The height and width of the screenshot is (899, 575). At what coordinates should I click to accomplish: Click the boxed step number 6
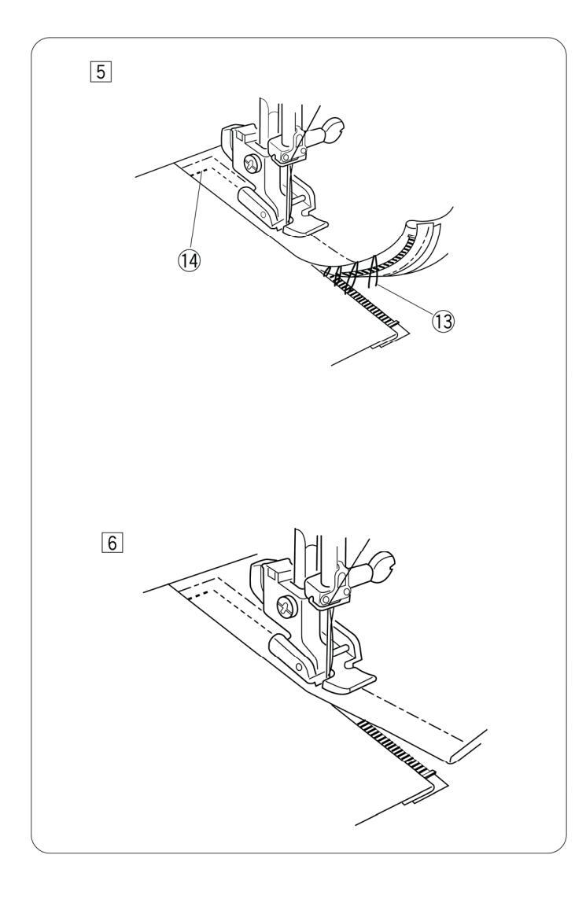tap(112, 543)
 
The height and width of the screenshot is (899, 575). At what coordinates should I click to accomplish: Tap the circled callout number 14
tap(190, 261)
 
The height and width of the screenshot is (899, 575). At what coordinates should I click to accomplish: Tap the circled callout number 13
tap(443, 321)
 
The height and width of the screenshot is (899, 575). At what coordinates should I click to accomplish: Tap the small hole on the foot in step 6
tap(297, 665)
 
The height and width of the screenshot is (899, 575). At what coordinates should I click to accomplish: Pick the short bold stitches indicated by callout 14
tap(199, 171)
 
